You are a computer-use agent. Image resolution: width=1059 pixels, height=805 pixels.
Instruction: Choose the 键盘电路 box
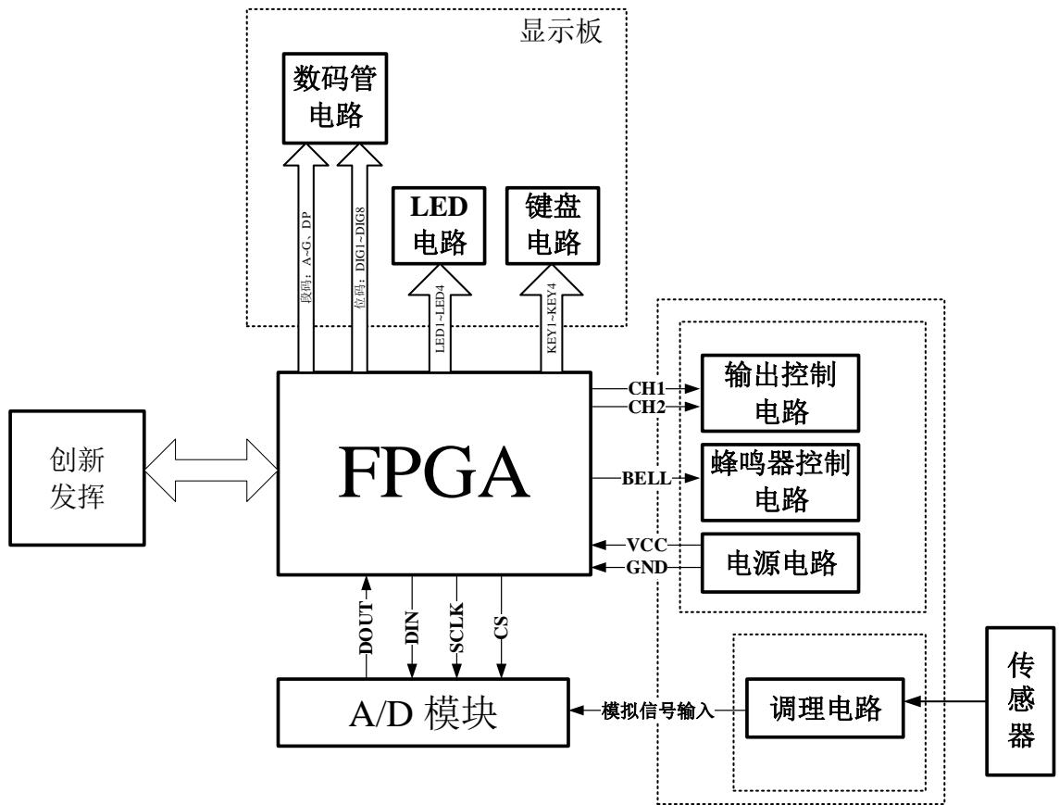pyautogui.click(x=554, y=226)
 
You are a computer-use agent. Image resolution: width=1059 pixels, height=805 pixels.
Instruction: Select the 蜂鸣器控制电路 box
pyautogui.click(x=779, y=482)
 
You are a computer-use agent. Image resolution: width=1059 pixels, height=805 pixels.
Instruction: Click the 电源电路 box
pyautogui.click(x=779, y=562)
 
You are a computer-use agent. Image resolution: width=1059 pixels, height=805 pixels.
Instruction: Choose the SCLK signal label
pyautogui.click(x=457, y=628)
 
